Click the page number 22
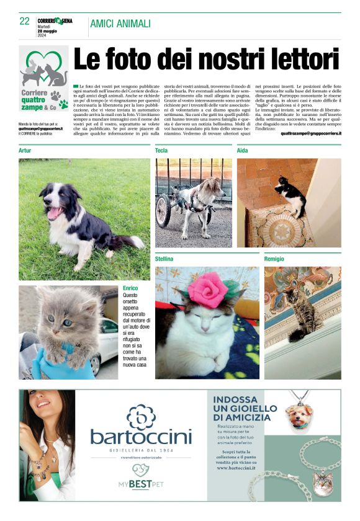coord(25,21)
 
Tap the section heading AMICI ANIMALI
coord(120,24)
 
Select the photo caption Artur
coord(25,151)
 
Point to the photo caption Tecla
coord(161,151)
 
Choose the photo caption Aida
coord(243,151)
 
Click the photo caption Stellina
coord(164,258)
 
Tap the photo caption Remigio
coord(274,258)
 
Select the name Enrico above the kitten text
coord(130,288)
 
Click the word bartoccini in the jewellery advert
coord(141,437)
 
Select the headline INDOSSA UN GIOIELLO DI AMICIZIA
coord(245,409)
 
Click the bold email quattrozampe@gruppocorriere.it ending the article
coord(310,133)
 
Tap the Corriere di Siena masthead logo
coord(55,21)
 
